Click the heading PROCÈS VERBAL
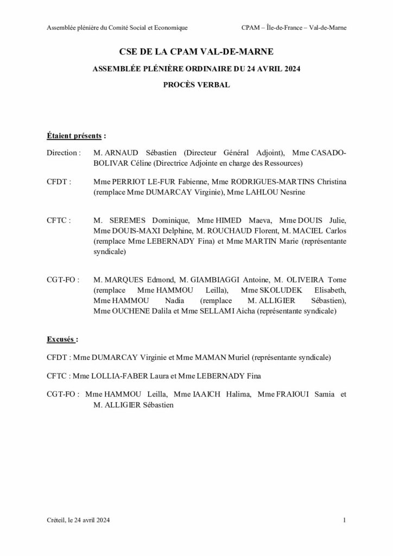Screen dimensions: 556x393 point(196,85)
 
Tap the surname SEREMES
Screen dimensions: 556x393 point(128,220)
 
